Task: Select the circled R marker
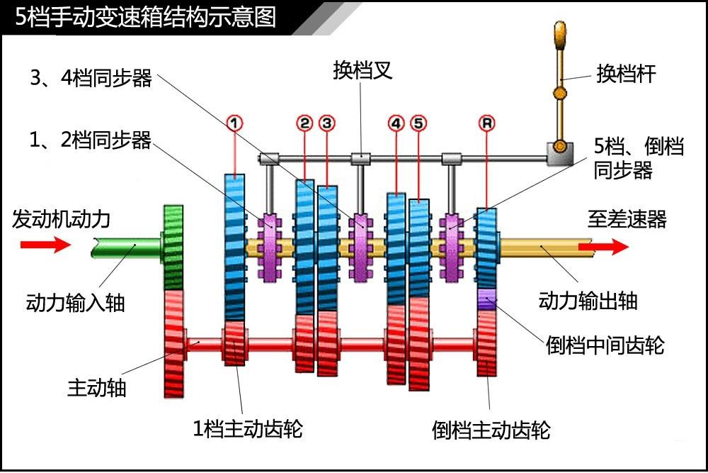pos(486,123)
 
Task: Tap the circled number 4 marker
pos(396,123)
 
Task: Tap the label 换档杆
pos(626,74)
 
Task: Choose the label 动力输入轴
pos(75,301)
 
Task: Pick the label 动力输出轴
pos(588,300)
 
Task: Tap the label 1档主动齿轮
pos(248,428)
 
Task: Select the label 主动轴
pos(97,388)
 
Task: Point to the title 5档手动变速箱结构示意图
pos(145,16)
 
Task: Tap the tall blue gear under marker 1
pos(234,248)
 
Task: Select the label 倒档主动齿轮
pos(491,430)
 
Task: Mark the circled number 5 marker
pos(418,123)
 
